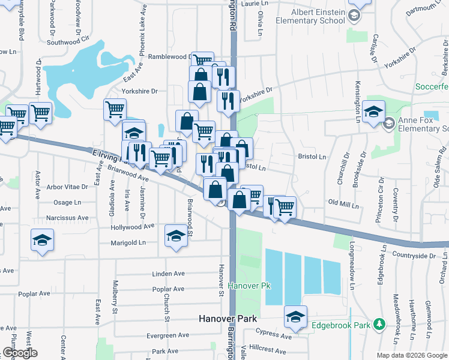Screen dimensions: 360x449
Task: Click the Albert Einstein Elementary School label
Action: click(310, 16)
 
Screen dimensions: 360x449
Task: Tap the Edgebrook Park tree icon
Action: click(379, 325)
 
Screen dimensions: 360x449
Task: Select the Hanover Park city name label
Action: click(228, 319)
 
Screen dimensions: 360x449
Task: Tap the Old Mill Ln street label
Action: click(343, 205)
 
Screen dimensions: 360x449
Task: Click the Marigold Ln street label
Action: click(128, 243)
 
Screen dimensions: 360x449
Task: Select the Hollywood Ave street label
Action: click(133, 227)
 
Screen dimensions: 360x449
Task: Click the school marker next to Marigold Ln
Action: click(176, 235)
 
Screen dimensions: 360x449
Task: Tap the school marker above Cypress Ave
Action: click(295, 316)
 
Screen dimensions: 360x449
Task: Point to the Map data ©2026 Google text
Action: click(411, 355)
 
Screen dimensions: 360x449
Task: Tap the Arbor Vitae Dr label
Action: click(67, 187)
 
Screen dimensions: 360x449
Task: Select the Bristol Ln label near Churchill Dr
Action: click(312, 157)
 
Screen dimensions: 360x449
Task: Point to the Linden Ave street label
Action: click(169, 274)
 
